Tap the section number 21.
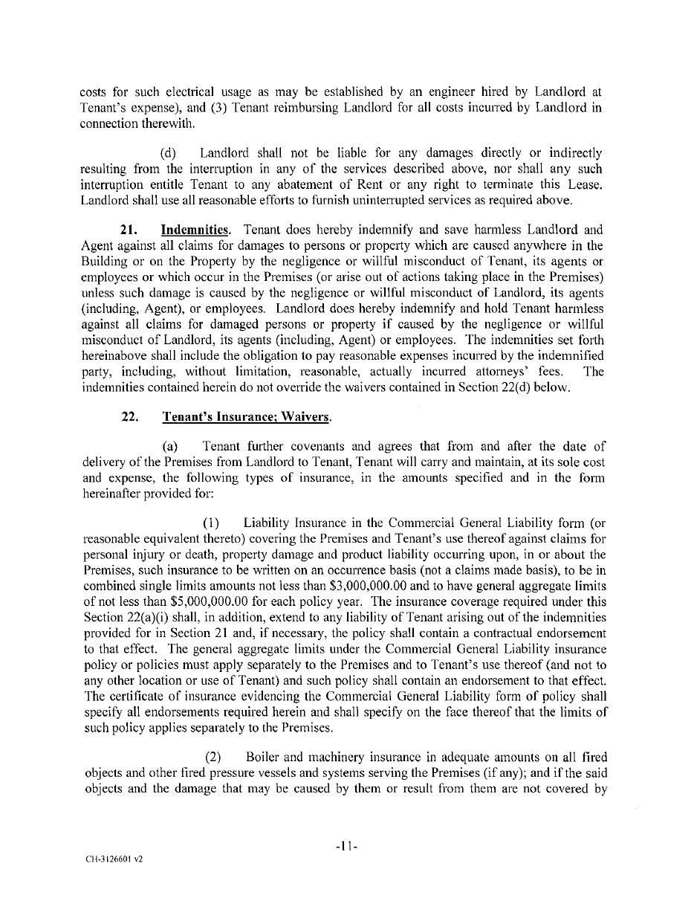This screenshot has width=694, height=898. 130,230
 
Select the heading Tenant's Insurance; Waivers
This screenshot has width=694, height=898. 246,417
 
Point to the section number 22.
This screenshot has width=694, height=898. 130,417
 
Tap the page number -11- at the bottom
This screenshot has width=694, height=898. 346,845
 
